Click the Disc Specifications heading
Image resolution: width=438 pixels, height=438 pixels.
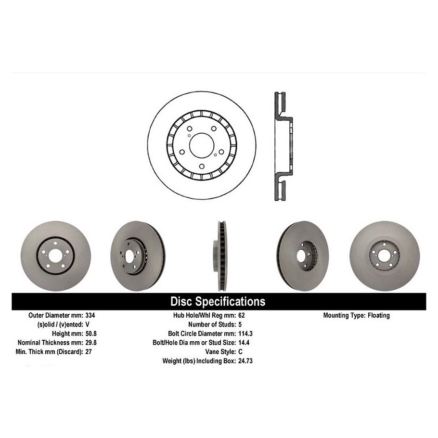tap(218, 302)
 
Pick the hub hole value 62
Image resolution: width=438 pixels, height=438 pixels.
tap(242, 316)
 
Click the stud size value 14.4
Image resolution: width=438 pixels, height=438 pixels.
tap(244, 343)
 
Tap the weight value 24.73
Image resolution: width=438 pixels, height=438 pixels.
tap(245, 361)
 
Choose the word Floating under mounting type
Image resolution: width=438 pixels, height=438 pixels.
tap(379, 316)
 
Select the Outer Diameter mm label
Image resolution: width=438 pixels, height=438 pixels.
tap(55, 316)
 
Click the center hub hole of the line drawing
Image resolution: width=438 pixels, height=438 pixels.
tap(201, 145)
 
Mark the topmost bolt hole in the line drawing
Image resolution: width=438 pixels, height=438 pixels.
tap(189, 129)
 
